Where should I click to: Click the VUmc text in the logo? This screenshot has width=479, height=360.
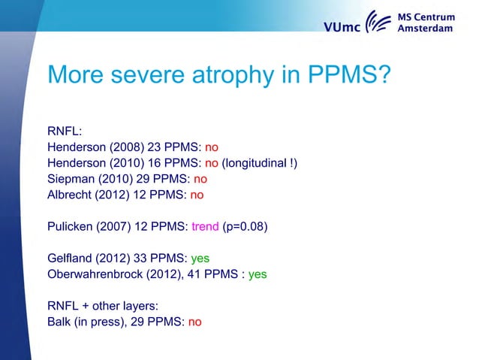[x=343, y=28]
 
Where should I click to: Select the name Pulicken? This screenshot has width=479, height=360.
[x=70, y=227]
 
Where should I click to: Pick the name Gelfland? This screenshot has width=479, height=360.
[x=70, y=259]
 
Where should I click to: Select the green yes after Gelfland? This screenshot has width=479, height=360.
[x=200, y=259]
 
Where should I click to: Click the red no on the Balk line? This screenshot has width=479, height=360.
[x=195, y=322]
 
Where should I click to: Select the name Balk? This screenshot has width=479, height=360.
[x=59, y=322]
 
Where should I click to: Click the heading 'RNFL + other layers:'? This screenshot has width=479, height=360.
[x=102, y=307]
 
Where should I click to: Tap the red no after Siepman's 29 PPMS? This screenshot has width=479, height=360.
[x=200, y=179]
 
